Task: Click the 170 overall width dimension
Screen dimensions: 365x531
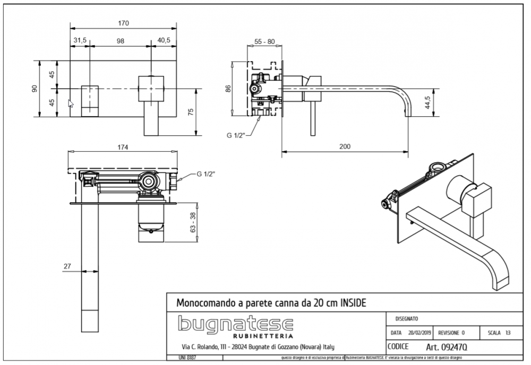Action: [x=123, y=23]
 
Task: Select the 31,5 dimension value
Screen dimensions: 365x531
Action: [x=80, y=41]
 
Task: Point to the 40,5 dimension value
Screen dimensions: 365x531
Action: [x=164, y=41]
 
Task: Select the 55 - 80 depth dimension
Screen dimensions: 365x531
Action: [x=264, y=41]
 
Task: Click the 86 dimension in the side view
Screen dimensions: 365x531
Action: [x=228, y=88]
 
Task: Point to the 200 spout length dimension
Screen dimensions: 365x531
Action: [x=346, y=147]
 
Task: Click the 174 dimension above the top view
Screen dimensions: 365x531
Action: [x=123, y=147]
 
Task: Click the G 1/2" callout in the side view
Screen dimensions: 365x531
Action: [x=235, y=136]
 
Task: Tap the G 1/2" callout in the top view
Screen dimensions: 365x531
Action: [x=205, y=174]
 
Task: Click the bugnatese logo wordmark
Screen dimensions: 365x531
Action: [x=235, y=323]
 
